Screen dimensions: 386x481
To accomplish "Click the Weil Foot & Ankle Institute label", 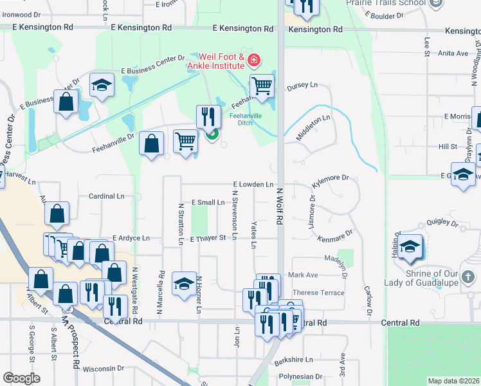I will pyautogui.click(x=215, y=61).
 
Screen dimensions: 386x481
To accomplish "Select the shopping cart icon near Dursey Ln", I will pyautogui.click(x=262, y=85).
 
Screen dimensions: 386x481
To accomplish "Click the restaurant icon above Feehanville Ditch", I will pyautogui.click(x=207, y=116).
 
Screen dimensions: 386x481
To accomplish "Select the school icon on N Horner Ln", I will pyautogui.click(x=184, y=283).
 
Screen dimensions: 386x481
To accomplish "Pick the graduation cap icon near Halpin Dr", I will pyautogui.click(x=409, y=247).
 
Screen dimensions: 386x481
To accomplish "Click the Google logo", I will pyautogui.click(x=22, y=378).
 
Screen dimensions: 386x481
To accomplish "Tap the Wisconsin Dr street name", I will pyautogui.click(x=103, y=369).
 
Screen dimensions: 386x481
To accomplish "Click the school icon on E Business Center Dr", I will pyautogui.click(x=102, y=86).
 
